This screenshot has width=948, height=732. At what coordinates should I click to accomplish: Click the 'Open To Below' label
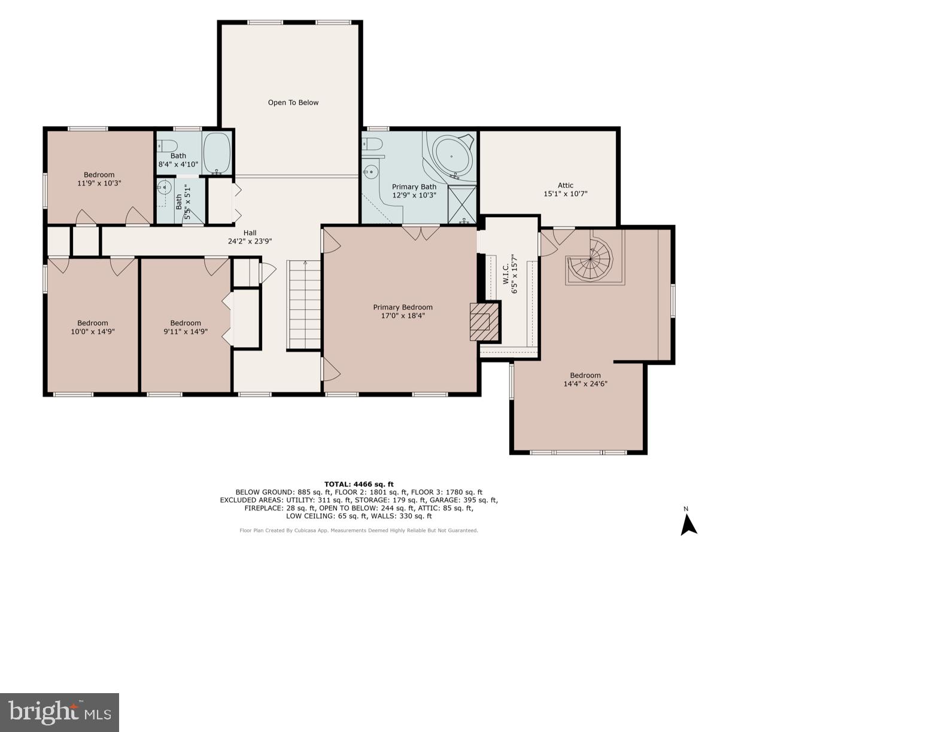pyautogui.click(x=293, y=102)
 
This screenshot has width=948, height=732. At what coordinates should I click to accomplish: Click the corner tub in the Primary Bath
pyautogui.click(x=452, y=154)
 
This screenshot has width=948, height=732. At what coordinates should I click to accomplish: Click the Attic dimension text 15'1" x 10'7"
pyautogui.click(x=566, y=194)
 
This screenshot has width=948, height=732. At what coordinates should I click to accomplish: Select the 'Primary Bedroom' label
pyautogui.click(x=403, y=307)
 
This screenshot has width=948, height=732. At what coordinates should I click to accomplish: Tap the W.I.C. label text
pyautogui.click(x=506, y=273)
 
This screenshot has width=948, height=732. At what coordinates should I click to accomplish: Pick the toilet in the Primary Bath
pyautogui.click(x=373, y=145)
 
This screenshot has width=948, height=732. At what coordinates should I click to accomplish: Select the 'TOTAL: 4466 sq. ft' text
pyautogui.click(x=358, y=484)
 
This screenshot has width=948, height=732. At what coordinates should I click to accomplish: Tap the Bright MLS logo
pyautogui.click(x=59, y=712)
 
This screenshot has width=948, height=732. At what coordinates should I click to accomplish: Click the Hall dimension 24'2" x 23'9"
pyautogui.click(x=250, y=242)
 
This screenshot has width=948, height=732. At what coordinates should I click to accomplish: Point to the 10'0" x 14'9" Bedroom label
pyautogui.click(x=93, y=327)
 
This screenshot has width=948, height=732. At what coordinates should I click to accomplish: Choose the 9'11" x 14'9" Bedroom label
pyautogui.click(x=186, y=327)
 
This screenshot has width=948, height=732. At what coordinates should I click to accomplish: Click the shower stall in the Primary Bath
pyautogui.click(x=462, y=205)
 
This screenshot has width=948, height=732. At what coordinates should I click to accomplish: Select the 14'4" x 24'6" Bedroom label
pyautogui.click(x=585, y=380)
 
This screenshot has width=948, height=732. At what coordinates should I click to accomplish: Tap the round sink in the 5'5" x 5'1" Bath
pyautogui.click(x=164, y=188)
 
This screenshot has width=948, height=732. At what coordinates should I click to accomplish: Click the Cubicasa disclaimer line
pyautogui.click(x=358, y=530)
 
